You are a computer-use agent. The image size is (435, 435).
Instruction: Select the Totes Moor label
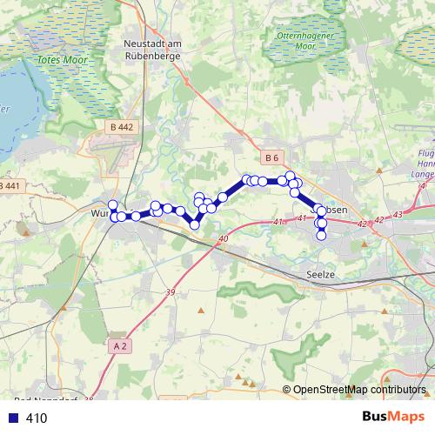coord(58,61)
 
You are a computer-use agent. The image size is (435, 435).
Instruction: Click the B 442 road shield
coord(123,127)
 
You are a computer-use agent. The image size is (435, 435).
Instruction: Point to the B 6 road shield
coord(272,157)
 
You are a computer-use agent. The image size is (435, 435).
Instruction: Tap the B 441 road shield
coord(9,187)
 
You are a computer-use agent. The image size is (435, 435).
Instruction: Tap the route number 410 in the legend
coord(37,418)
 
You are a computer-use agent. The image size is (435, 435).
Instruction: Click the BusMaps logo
coord(393,417)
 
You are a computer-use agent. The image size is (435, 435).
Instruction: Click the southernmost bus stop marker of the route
coord(321,235)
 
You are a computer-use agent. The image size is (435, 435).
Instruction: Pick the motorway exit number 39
coord(170,291)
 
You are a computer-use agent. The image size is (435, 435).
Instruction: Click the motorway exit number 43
coord(398,214)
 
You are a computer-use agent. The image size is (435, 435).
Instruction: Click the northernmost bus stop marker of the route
coord(291,176)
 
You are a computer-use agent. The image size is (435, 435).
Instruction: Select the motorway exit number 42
coord(361,223)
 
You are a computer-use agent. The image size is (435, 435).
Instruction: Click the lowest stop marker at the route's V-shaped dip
coord(195,224)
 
